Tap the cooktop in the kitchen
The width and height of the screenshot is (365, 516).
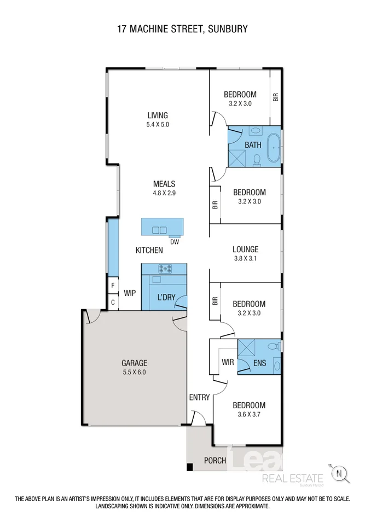tap(164, 269)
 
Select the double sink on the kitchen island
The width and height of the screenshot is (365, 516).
tap(159, 230)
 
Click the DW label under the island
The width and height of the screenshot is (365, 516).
tap(175, 241)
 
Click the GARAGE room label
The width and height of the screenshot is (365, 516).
tap(134, 363)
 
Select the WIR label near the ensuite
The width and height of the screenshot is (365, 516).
tap(228, 362)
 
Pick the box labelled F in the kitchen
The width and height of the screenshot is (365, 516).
tap(113, 286)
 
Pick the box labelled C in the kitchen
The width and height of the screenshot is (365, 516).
tap(113, 302)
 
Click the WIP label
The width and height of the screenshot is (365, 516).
tap(130, 293)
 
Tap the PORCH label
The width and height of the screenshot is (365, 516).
tap(215, 460)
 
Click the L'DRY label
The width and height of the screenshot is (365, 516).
tap(166, 297)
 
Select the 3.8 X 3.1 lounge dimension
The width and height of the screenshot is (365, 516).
tap(245, 258)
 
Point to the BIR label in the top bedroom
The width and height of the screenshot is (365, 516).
tap(276, 97)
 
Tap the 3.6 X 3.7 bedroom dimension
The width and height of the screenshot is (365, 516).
tap(249, 414)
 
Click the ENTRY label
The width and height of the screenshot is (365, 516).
tap(199, 397)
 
